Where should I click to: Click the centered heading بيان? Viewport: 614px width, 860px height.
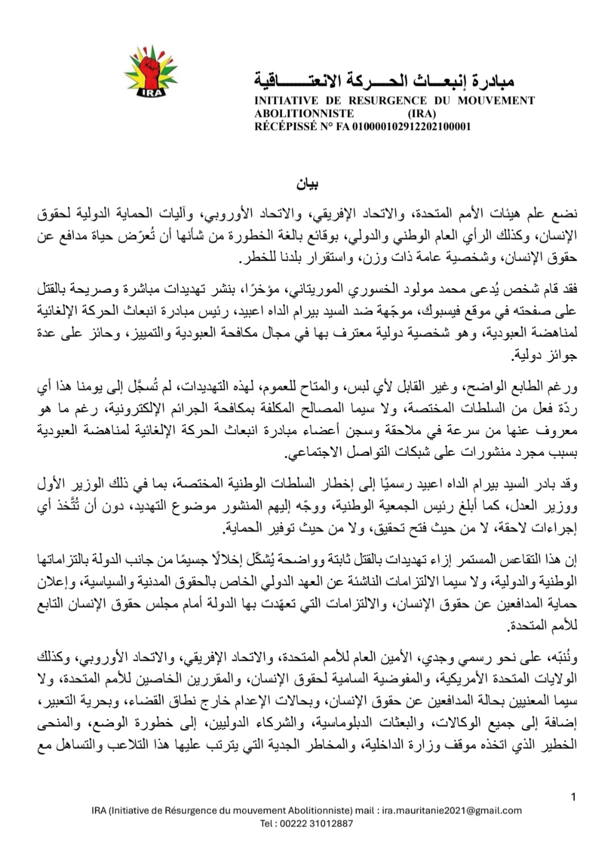[307, 185]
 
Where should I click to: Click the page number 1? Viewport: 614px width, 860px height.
[573, 797]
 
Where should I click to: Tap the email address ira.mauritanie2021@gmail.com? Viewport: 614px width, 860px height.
[452, 811]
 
